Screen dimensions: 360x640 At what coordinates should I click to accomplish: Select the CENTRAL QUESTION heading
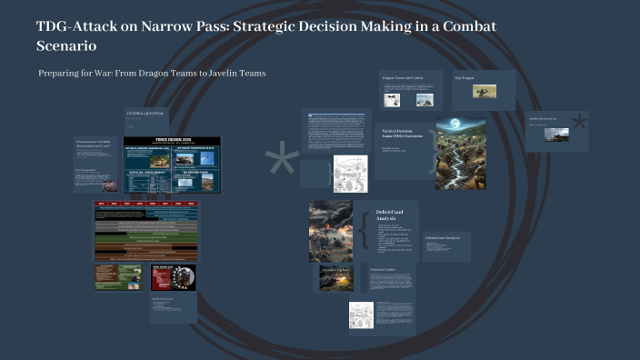click(x=145, y=113)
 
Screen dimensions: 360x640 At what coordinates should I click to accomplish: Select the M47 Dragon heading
click(x=465, y=78)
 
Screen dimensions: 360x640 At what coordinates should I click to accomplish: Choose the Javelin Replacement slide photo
click(x=555, y=135)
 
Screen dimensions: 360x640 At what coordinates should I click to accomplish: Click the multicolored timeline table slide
click(x=145, y=231)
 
